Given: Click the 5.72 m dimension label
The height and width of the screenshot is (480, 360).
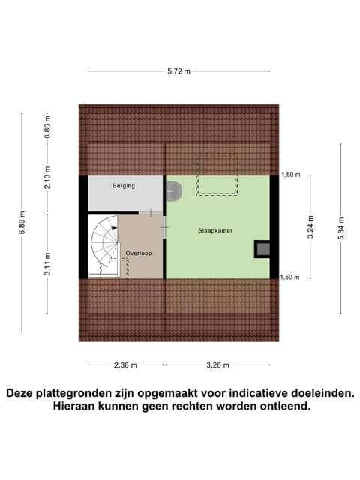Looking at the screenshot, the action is (178, 71).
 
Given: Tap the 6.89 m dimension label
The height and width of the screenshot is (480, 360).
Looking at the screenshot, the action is (22, 222).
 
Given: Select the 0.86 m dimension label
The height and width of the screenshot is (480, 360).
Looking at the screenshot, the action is (47, 127).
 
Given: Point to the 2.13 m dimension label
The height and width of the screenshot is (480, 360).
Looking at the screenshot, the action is (47, 178).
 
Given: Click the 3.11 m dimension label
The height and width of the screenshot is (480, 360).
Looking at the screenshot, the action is (47, 264).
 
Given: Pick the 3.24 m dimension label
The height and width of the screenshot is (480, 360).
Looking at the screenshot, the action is (310, 226).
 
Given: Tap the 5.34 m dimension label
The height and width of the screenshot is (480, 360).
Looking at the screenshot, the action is (341, 228).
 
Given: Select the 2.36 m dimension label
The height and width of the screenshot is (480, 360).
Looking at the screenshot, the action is (125, 365).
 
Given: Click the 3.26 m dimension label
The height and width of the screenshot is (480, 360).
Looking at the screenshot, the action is (217, 365).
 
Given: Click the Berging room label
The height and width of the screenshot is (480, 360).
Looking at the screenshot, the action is (124, 186).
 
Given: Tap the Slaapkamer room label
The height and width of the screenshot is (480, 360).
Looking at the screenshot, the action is (215, 231).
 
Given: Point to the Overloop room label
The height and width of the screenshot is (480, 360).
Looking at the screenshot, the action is (139, 253).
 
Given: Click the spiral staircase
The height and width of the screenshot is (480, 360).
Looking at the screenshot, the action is (105, 245).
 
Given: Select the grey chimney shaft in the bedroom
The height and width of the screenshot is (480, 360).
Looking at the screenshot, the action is (263, 249).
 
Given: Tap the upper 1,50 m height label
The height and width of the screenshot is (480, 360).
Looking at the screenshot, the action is (291, 175).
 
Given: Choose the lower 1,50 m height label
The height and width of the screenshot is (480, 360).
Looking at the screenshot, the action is (290, 277).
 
